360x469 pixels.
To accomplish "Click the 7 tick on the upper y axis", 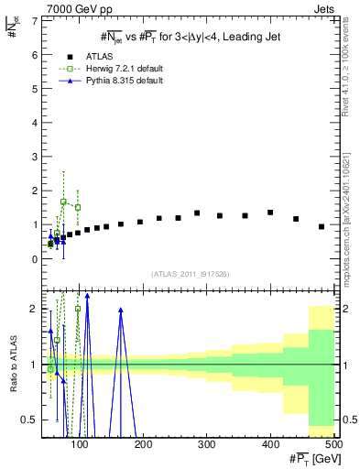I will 37,20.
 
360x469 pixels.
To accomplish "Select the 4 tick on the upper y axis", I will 37,123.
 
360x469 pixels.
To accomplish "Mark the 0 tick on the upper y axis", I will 37,259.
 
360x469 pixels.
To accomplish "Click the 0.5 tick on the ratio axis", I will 34,420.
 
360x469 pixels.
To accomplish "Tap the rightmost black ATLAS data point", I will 322,226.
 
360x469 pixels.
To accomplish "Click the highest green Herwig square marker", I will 63,202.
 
